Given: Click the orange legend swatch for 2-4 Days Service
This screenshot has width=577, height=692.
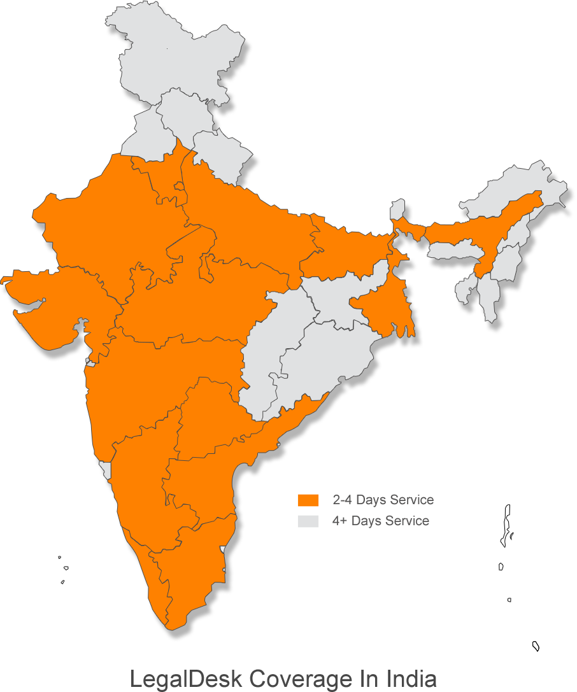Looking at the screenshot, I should point(308,500).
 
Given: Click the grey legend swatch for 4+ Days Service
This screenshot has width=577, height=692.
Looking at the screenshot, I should point(308,521).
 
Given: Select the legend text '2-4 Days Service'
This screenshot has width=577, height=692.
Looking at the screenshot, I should point(383,500).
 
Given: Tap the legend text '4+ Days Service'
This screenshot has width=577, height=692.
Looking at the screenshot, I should point(381,521).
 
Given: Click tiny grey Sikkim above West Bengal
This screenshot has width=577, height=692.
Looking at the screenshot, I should point(397,209).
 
